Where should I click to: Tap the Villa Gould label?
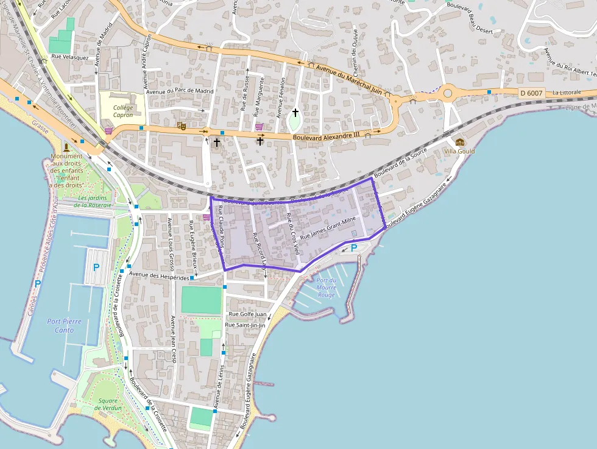coord(459,151)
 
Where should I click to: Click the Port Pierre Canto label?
coord(64,326)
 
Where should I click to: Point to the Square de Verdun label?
coord(108,405)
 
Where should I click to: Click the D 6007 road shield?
coord(531,93)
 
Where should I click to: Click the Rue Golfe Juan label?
coord(247,314)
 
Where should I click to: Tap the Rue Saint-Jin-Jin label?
coord(246,325)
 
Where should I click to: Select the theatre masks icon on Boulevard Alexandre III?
coord(181,126)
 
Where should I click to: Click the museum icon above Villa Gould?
coord(459,142)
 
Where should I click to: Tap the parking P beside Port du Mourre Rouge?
coord(354,248)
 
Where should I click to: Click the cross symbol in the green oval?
coord(295,113)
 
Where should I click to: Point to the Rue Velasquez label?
coord(70,57)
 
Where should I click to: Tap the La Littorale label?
coord(567,93)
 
